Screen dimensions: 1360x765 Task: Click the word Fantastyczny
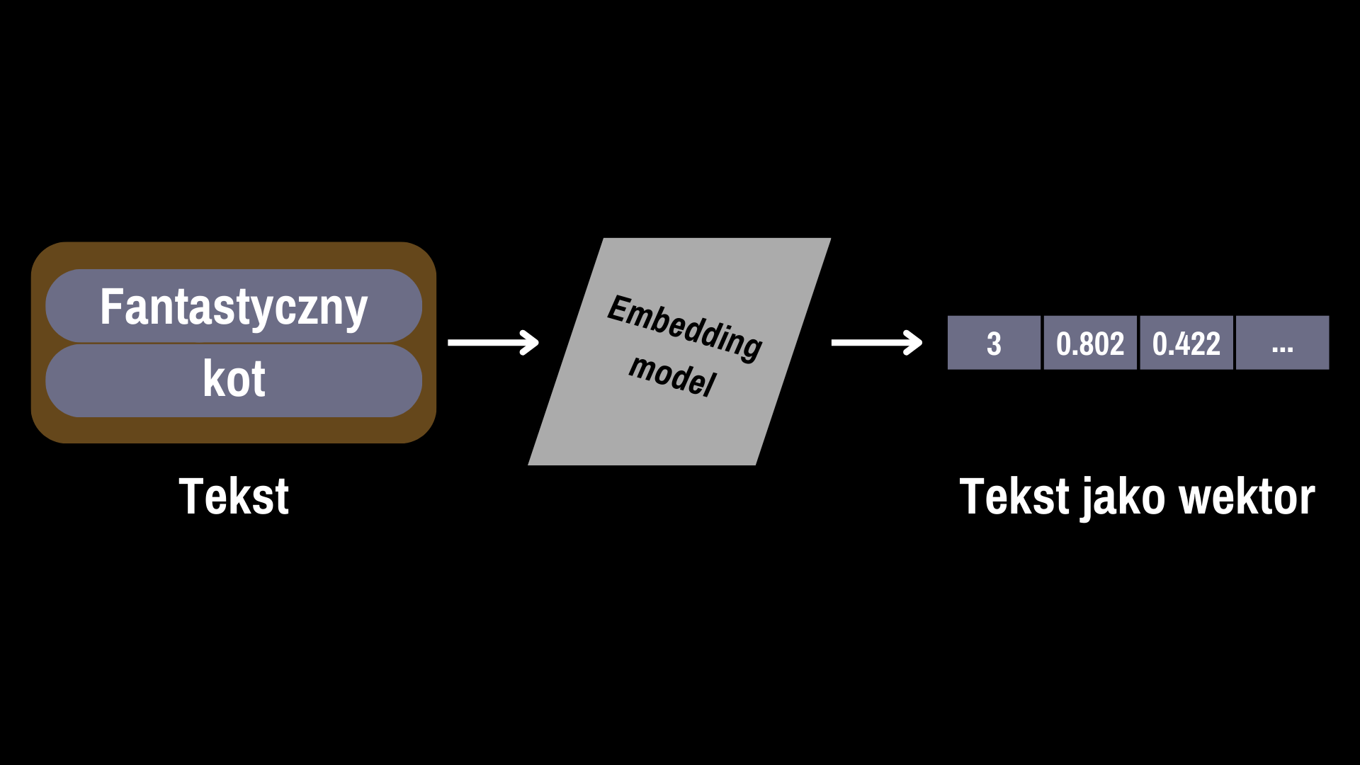click(234, 308)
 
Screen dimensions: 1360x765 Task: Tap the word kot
click(234, 379)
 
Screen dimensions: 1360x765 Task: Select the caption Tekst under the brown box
click(234, 496)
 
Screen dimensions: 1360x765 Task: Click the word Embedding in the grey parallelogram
click(684, 328)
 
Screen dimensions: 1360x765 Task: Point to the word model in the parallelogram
click(673, 375)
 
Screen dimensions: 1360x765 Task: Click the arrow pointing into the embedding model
click(493, 343)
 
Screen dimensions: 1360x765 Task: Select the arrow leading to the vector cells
click(877, 343)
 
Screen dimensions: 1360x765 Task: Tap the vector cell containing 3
click(994, 343)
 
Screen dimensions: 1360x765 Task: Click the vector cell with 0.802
click(1090, 343)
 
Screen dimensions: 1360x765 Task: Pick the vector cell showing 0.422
click(1186, 343)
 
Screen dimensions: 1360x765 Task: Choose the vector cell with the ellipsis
click(1283, 343)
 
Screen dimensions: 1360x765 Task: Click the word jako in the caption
click(1123, 498)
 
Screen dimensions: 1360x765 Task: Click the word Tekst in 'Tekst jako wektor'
click(1014, 496)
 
